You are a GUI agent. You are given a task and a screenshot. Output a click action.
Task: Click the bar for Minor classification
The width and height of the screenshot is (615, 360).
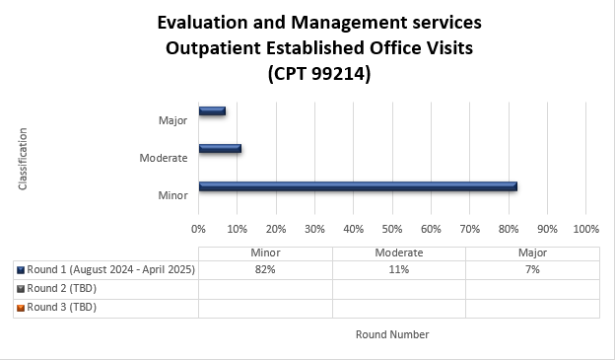coord(357,186)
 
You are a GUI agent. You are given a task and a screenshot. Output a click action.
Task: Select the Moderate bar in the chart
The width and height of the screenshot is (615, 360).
coord(220,149)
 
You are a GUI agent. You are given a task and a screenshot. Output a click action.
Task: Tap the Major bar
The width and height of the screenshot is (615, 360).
coord(212,111)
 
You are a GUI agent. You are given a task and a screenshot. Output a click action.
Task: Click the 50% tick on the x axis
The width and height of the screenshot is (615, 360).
coord(392,229)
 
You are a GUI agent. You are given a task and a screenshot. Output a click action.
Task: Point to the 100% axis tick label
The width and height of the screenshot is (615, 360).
coord(585,229)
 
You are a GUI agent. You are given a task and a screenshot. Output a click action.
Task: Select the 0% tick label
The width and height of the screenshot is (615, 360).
coord(199,229)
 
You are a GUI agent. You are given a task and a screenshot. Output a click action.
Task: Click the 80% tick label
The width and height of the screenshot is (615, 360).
coord(509,229)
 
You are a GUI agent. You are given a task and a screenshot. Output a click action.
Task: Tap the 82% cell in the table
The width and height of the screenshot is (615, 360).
coord(265,269)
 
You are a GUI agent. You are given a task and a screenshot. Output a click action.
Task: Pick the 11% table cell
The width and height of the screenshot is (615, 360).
coord(398,269)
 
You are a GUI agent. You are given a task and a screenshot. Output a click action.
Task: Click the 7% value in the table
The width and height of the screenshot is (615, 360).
coord(532,269)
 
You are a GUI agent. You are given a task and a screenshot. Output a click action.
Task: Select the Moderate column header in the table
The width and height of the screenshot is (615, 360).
coord(398,252)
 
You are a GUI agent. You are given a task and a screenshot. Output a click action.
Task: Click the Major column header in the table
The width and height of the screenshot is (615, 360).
coord(532,252)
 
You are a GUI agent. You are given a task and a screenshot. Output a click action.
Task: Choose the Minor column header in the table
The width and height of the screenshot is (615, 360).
coord(265,252)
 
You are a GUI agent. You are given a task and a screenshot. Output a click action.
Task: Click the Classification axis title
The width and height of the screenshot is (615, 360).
coord(23,158)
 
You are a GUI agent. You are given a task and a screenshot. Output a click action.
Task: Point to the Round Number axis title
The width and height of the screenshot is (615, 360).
coord(392,334)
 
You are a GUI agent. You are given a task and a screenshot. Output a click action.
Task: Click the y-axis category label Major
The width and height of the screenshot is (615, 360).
coord(173,120)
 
